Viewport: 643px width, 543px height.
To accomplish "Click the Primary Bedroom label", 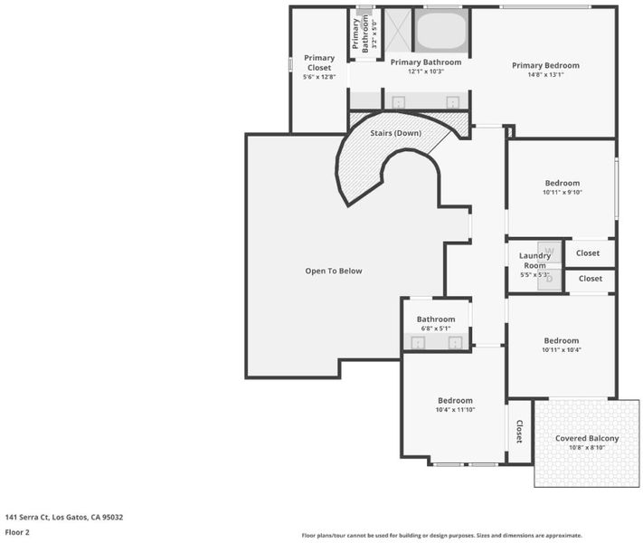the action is (545, 65).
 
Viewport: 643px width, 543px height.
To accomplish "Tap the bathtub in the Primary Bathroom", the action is (441, 32).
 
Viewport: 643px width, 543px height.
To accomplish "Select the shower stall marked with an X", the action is (397, 31).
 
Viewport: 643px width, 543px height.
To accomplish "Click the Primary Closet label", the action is (319, 62).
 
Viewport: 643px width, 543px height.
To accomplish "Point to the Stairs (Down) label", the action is (396, 133).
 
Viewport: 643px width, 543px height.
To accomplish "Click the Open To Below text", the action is (334, 271).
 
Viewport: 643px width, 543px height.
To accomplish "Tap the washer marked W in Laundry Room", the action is (550, 251).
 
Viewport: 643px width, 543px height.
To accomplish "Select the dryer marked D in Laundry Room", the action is (550, 279).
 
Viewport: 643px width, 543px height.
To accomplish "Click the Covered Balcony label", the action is (587, 438).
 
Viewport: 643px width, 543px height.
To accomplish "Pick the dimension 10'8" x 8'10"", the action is (587, 447).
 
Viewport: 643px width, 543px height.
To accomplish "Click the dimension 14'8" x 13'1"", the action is (545, 75).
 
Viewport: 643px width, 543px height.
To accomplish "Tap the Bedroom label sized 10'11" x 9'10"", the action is (563, 183).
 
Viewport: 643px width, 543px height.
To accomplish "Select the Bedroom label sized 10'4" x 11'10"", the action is (455, 401).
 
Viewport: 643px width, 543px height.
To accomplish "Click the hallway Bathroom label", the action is (436, 319).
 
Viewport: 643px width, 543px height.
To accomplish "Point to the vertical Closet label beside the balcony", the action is (519, 432).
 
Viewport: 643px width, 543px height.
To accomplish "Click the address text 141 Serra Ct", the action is (27, 517).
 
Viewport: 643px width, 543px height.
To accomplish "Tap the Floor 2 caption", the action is (17, 532).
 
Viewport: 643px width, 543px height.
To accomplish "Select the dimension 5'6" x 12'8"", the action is (319, 77).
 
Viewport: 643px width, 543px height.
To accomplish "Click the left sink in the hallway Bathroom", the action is (418, 342).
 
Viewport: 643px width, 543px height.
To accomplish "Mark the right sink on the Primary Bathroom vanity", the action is (452, 102).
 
